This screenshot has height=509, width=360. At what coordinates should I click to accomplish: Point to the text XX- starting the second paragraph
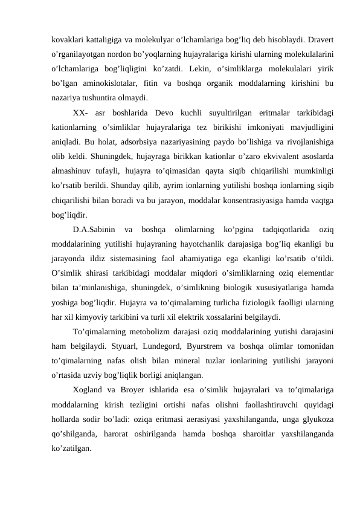(81, 113)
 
